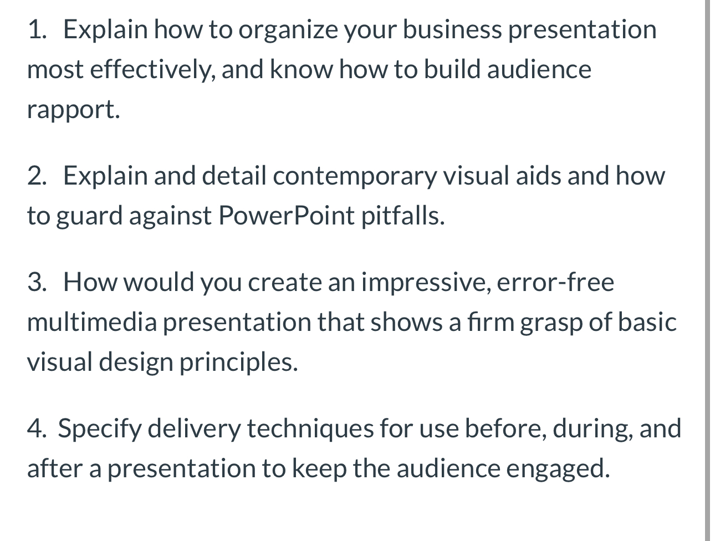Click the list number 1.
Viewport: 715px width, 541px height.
[x=37, y=29]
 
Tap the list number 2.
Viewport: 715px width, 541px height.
[x=37, y=176]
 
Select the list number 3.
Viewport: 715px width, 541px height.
[x=37, y=282]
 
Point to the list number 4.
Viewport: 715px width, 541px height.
[x=37, y=428]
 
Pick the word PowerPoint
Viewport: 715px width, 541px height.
[x=286, y=216]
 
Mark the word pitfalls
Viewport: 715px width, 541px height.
[x=403, y=216]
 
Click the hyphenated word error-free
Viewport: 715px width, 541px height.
[x=555, y=282]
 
